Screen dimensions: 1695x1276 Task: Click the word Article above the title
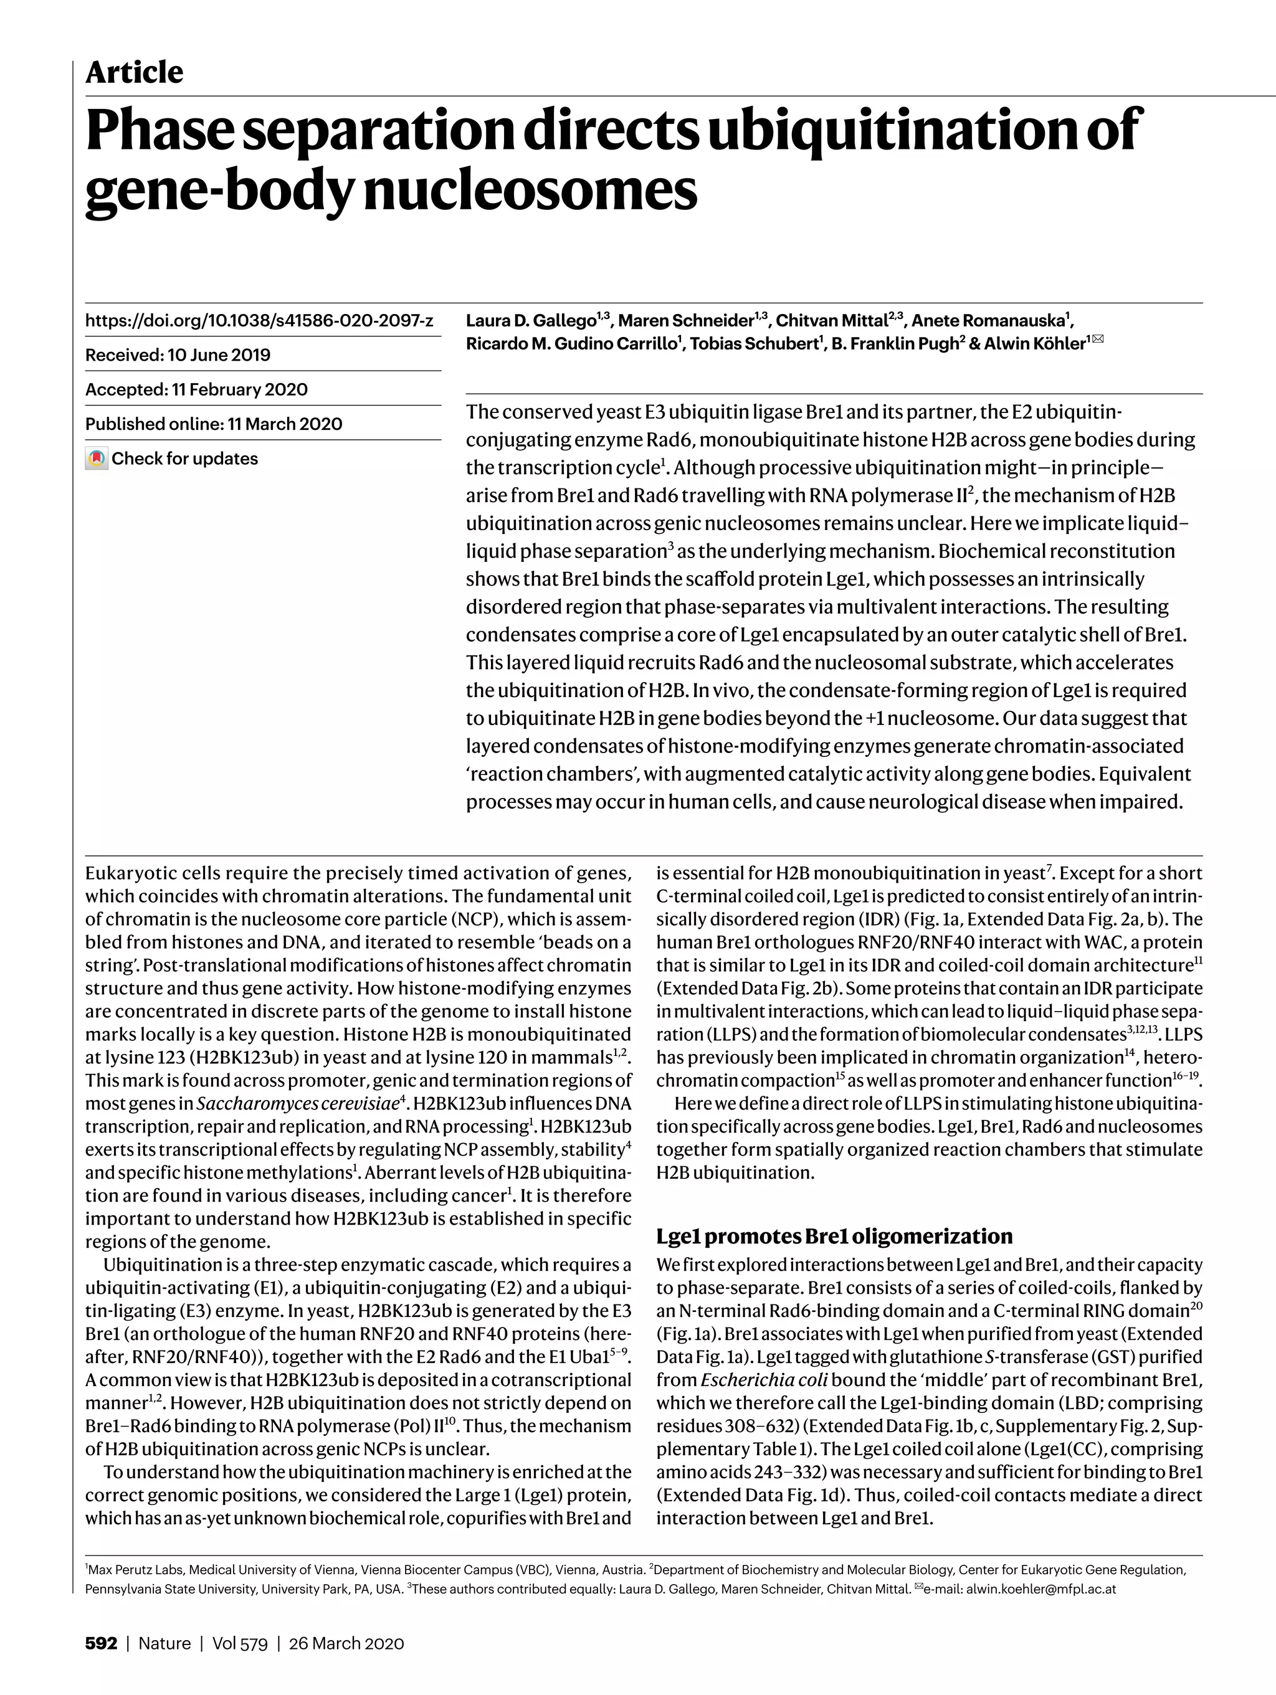[x=134, y=73]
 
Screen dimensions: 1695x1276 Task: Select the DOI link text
[x=259, y=320]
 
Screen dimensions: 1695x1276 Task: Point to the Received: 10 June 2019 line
[x=178, y=355]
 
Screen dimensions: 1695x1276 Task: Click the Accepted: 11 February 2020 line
[x=196, y=389]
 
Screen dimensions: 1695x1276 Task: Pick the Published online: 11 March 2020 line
[x=214, y=424]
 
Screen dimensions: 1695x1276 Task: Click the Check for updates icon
[x=97, y=458]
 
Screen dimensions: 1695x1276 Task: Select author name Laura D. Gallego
[x=531, y=320]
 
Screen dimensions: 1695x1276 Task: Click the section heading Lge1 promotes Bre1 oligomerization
[x=834, y=1236]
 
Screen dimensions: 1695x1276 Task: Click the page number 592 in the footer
[x=101, y=1643]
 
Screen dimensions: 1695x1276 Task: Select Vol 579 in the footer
[x=240, y=1643]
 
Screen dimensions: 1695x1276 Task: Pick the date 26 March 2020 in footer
[x=346, y=1643]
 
